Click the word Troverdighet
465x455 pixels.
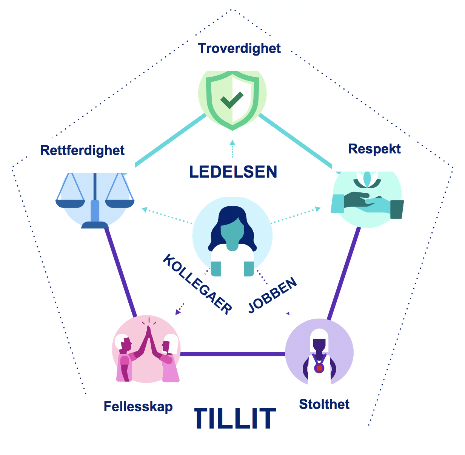tap(239, 48)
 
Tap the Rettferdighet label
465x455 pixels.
tap(82, 150)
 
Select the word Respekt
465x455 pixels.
tap(374, 149)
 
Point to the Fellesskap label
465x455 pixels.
tap(138, 407)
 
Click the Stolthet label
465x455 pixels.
tap(324, 404)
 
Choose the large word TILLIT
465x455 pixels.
tap(235, 419)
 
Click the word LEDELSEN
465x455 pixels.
tap(233, 172)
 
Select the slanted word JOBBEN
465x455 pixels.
tap(273, 296)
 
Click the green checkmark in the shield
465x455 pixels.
tap(232, 100)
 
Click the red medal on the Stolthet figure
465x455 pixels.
tap(319, 368)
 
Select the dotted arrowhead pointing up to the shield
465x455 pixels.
tap(232, 143)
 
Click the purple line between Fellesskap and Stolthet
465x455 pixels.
tap(232, 354)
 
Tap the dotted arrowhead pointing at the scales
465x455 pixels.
tap(144, 209)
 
